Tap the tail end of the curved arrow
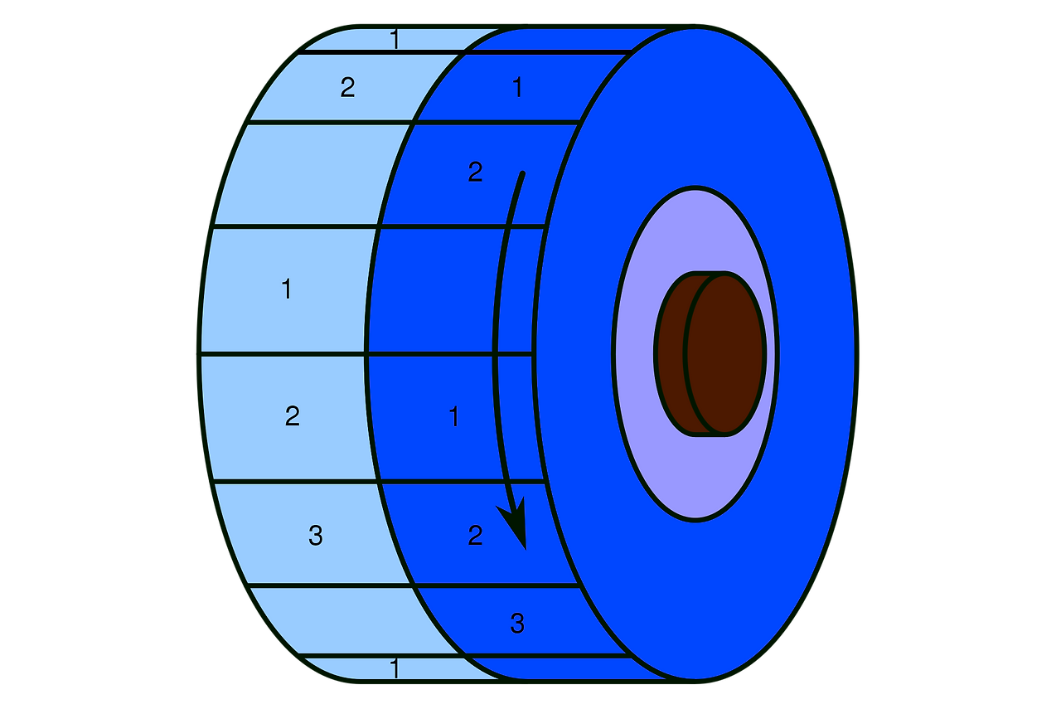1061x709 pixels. pyautogui.click(x=521, y=174)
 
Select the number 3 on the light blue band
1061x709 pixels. pyautogui.click(x=315, y=536)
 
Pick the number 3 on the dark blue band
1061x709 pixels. pyautogui.click(x=517, y=624)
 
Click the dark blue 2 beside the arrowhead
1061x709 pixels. pyautogui.click(x=475, y=536)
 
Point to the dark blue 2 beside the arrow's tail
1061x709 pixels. pyautogui.click(x=475, y=172)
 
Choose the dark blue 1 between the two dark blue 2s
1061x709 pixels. pyautogui.click(x=453, y=417)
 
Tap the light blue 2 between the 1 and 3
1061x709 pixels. pyautogui.click(x=292, y=415)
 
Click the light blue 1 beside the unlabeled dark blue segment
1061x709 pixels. pyautogui.click(x=286, y=289)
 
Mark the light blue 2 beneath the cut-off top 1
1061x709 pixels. pyautogui.click(x=347, y=87)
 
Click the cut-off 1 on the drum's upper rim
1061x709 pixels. pyautogui.click(x=395, y=39)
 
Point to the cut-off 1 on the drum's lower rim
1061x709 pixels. pyautogui.click(x=395, y=668)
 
